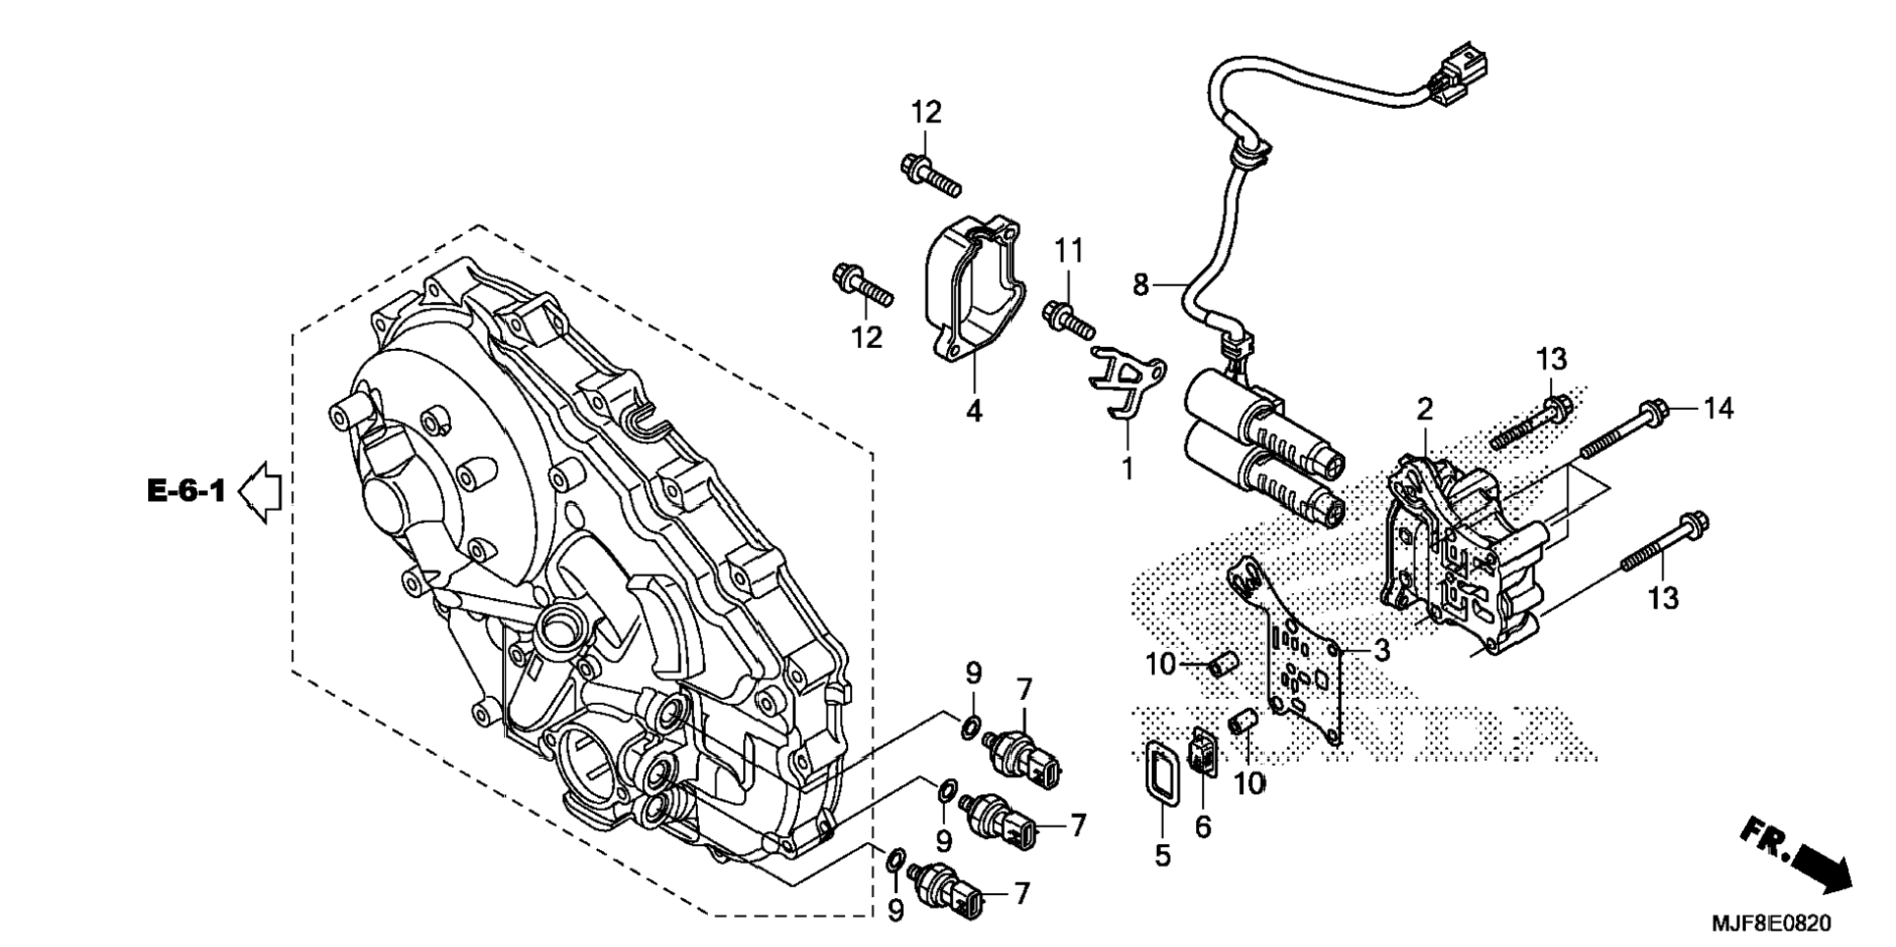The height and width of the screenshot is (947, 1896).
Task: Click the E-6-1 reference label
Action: coord(186,490)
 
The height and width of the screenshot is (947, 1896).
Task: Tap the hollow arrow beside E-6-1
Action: coord(260,492)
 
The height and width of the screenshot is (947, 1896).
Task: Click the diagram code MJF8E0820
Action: coord(1771,923)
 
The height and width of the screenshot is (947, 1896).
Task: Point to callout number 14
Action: coord(1718,408)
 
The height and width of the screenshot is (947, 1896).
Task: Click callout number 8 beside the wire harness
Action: coord(1140,284)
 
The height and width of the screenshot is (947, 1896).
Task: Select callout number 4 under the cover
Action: coord(973,412)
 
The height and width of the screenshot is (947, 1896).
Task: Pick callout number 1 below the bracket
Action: coord(1127,469)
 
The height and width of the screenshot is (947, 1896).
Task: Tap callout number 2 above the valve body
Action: coord(1424,409)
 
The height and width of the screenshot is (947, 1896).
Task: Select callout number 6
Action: coord(1203,827)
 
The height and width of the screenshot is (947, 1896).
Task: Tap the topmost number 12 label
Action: coord(925,113)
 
